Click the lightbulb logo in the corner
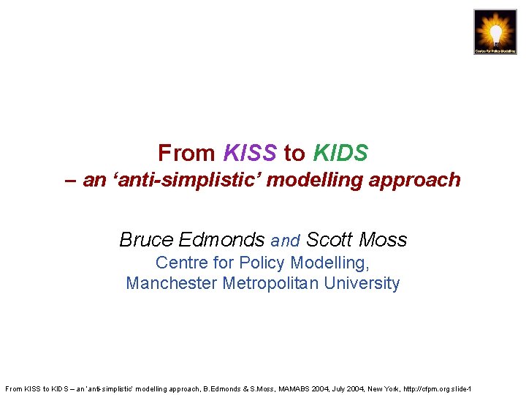[495, 32]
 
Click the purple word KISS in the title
[250, 153]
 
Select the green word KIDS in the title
[340, 153]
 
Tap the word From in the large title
[186, 153]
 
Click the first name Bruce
[146, 240]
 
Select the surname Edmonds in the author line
[221, 240]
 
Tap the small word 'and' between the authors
[286, 241]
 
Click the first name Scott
[328, 240]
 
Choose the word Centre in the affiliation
[180, 263]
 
